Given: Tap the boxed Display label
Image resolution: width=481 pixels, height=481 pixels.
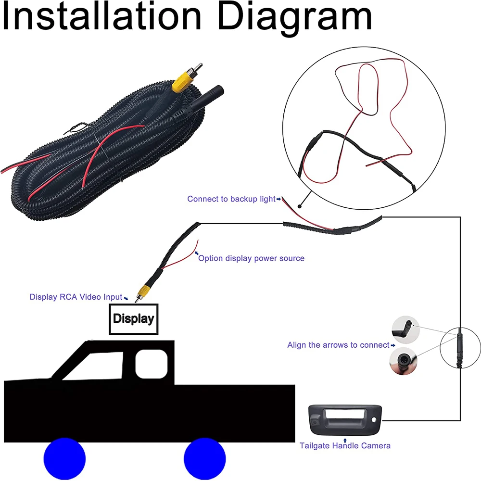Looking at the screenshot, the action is pos(133,319).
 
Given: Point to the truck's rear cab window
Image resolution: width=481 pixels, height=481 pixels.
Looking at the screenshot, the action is pos(152,364).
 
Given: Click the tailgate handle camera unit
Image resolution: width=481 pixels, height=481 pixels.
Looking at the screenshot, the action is pos(345,420).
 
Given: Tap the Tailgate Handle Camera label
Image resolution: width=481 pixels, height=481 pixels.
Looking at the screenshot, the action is pos(345,446).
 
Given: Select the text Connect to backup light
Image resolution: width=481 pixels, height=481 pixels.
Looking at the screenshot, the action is pos(231,199).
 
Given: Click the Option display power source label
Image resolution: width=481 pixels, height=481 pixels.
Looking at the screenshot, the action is pos(251,258).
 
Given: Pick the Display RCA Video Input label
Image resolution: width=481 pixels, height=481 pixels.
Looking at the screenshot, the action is pos(76,297).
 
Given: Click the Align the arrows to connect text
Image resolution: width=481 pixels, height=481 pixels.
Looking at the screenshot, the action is pos(338,345).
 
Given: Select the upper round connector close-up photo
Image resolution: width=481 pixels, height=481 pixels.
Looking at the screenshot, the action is pos(405,330).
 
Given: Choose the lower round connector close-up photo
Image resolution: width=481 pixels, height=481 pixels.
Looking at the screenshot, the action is pos(403,361).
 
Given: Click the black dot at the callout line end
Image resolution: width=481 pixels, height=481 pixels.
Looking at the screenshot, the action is pos(300,206).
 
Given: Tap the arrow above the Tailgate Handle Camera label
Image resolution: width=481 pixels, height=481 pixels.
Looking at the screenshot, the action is pos(345,441).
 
